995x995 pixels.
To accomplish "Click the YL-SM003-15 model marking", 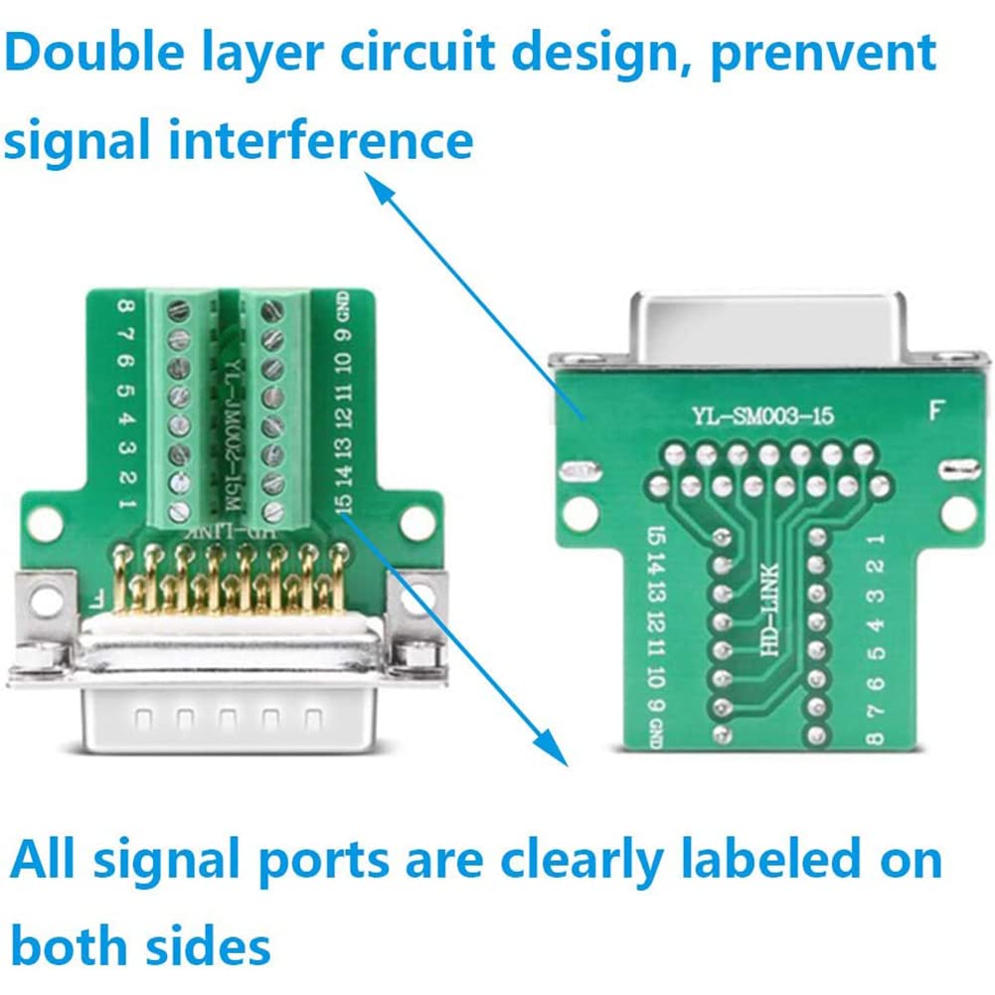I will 761,417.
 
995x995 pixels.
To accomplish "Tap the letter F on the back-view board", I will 934,411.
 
